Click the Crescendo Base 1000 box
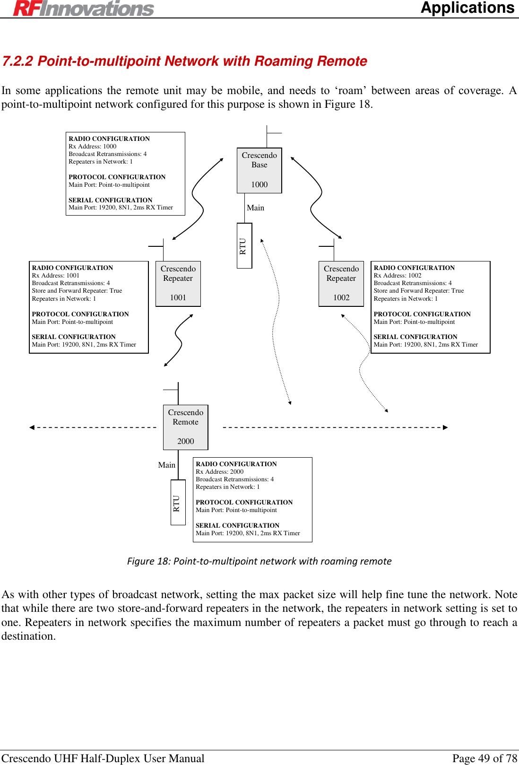pos(259,170)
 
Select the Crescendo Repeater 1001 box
pos(178,284)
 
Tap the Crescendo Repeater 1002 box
pos(341,284)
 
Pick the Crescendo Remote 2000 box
pos(186,427)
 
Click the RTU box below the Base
pos(244,246)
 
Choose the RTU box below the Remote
pos(178,502)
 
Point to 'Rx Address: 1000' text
pos(93,147)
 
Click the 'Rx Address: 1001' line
pos(56,276)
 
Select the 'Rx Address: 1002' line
pos(398,276)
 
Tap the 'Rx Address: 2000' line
pos(220,472)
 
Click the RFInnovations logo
pos(84,8)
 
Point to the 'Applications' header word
pos(467,8)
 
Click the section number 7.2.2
pos(17,61)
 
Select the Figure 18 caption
pos(259,561)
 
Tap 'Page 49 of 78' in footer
pos(484,758)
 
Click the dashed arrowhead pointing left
pos(32,427)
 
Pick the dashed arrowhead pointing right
pos(445,427)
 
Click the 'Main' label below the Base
pos(255,208)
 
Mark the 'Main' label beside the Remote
pos(166,465)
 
